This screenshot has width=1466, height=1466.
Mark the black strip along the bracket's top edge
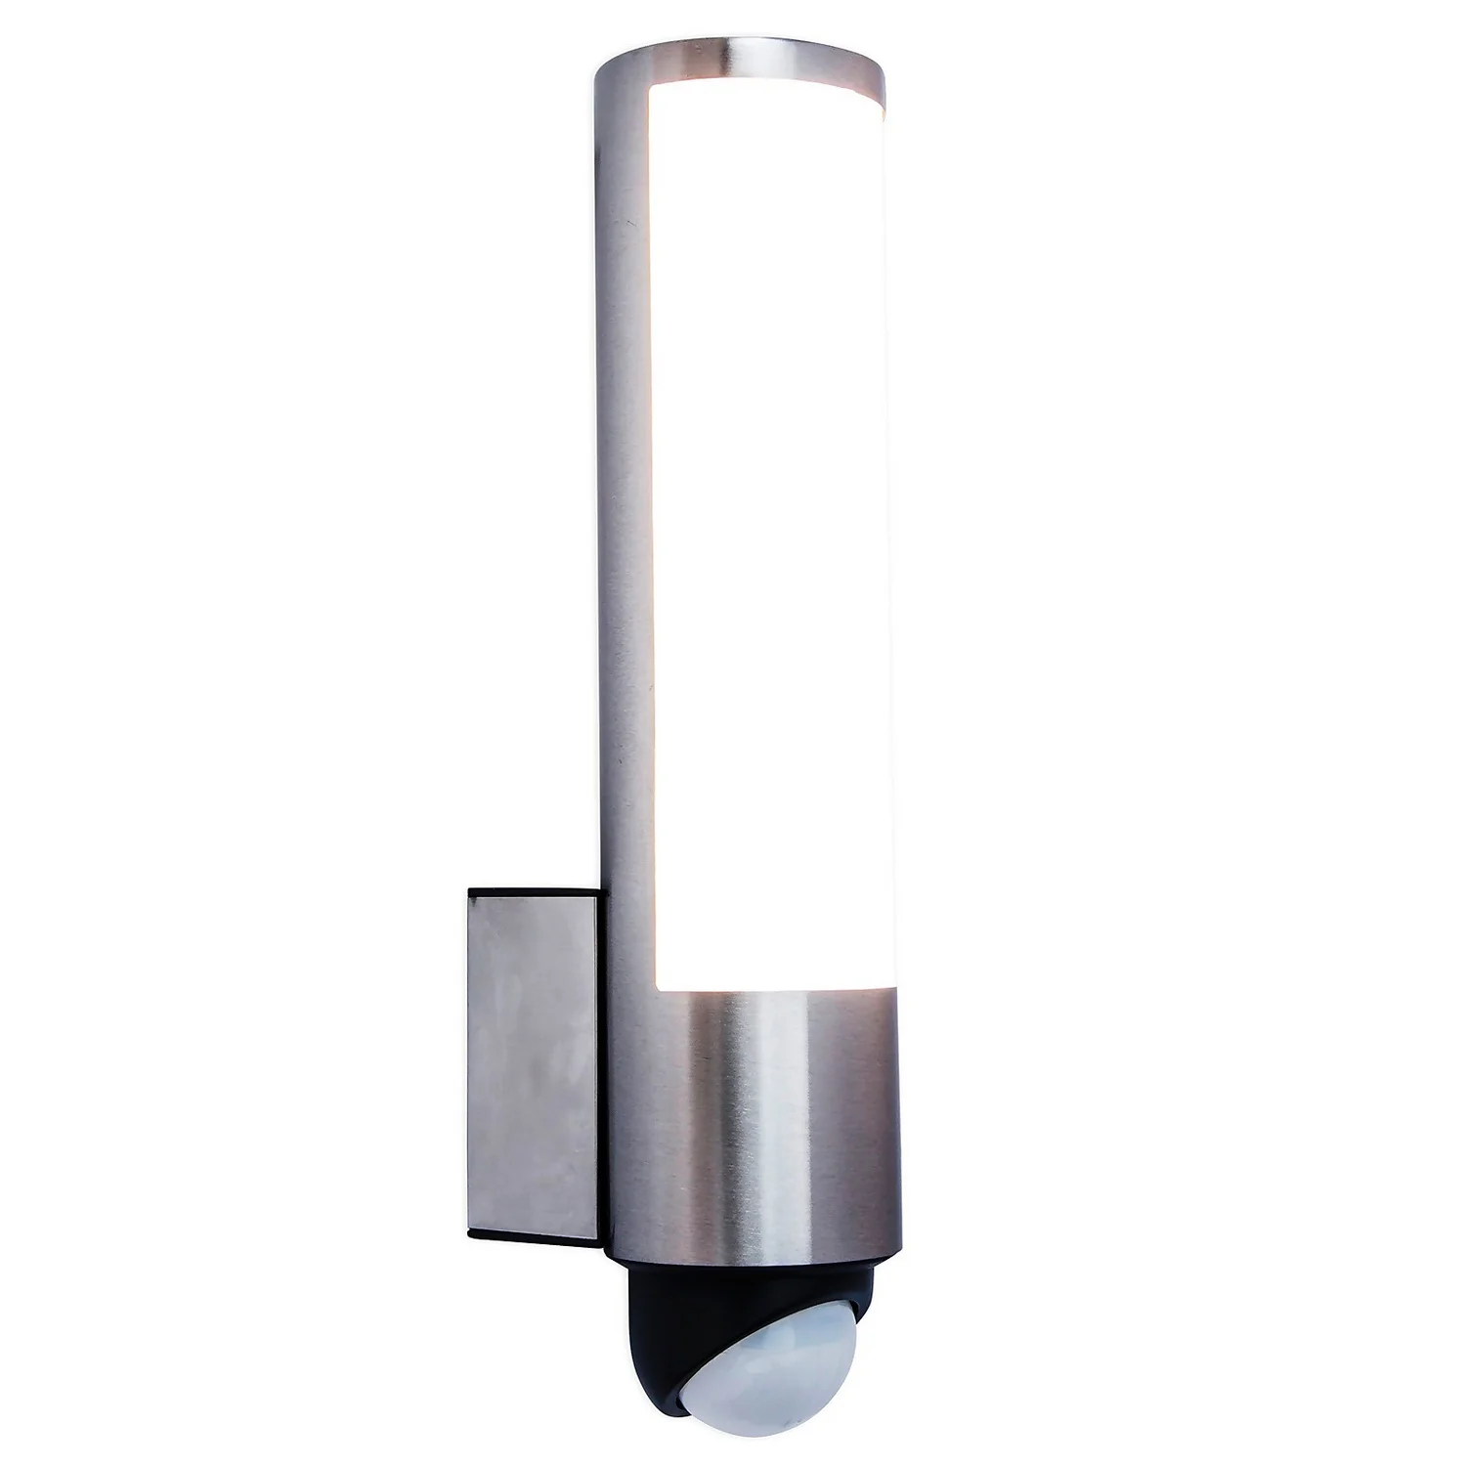(533, 892)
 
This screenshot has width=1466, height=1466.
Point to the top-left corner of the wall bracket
(469, 888)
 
